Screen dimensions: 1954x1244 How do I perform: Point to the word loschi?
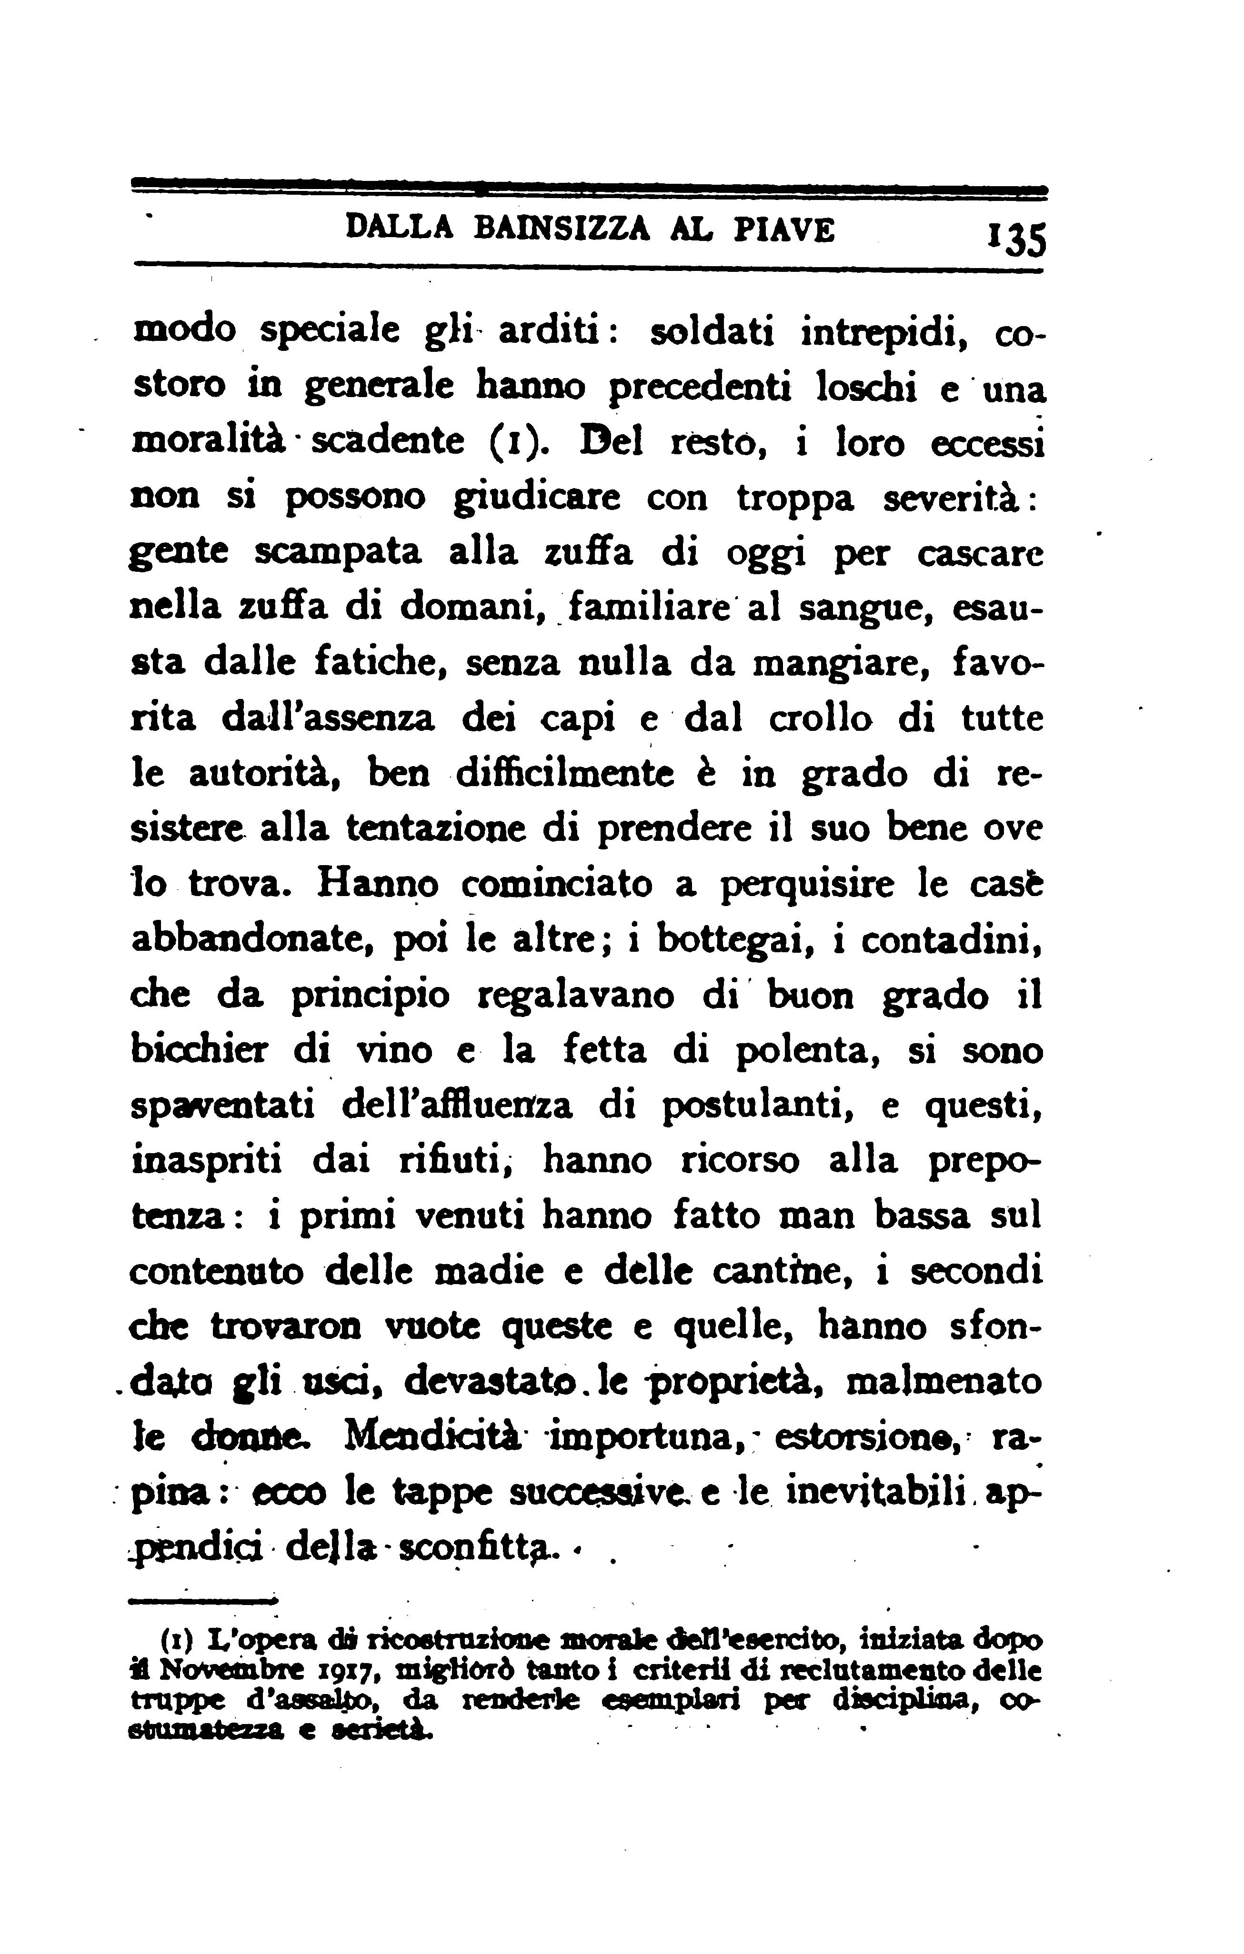864,388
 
